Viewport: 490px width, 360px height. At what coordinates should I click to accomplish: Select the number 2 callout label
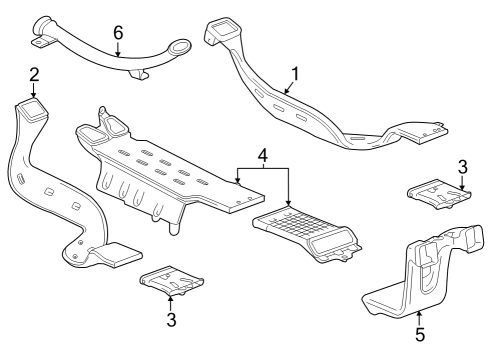coord(34,74)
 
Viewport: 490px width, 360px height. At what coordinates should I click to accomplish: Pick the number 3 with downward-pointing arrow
coord(462,165)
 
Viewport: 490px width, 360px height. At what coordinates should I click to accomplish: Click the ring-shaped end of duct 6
coord(178,49)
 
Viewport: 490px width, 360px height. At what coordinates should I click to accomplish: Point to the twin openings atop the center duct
coord(104,126)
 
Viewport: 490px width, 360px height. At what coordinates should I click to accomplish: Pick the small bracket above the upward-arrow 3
coord(172,281)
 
